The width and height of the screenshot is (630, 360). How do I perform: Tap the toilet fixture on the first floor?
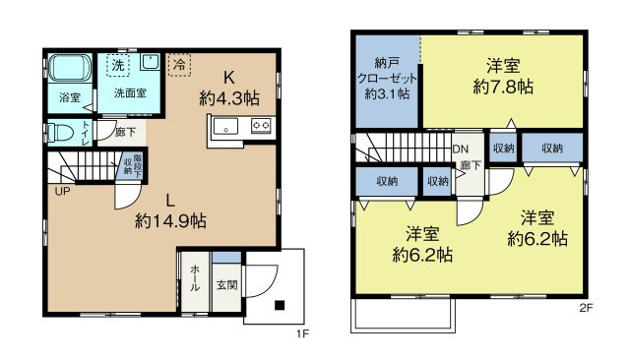(x=61, y=132)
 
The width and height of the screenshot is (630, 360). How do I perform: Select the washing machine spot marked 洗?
(x=118, y=64)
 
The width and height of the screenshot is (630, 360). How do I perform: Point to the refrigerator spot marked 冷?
(x=180, y=63)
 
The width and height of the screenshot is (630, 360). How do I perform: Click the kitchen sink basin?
(x=222, y=126)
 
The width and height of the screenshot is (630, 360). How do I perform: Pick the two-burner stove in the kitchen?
(x=261, y=125)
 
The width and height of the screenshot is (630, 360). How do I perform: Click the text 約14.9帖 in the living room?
(x=170, y=220)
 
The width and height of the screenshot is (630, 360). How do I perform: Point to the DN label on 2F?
(x=460, y=150)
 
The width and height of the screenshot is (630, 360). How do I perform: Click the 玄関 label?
(x=226, y=285)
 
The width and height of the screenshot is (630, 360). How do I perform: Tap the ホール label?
(x=195, y=279)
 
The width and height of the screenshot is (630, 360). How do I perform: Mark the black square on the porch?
(x=280, y=304)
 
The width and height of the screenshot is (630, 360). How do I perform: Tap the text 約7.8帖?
(x=503, y=87)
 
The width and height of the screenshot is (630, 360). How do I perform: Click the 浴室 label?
(x=69, y=97)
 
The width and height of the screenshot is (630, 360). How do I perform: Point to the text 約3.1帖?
(x=387, y=94)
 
